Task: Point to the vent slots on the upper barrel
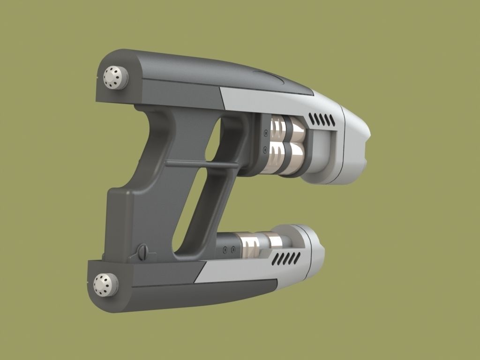323,120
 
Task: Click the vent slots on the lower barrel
286,258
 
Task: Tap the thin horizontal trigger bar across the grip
202,165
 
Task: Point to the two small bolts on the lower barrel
228,249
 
